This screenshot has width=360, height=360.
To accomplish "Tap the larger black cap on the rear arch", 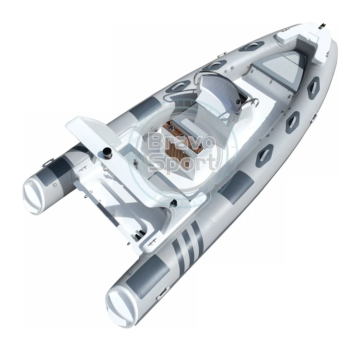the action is pos(106,153).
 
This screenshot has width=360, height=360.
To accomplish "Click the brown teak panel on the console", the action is pos(182,137).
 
